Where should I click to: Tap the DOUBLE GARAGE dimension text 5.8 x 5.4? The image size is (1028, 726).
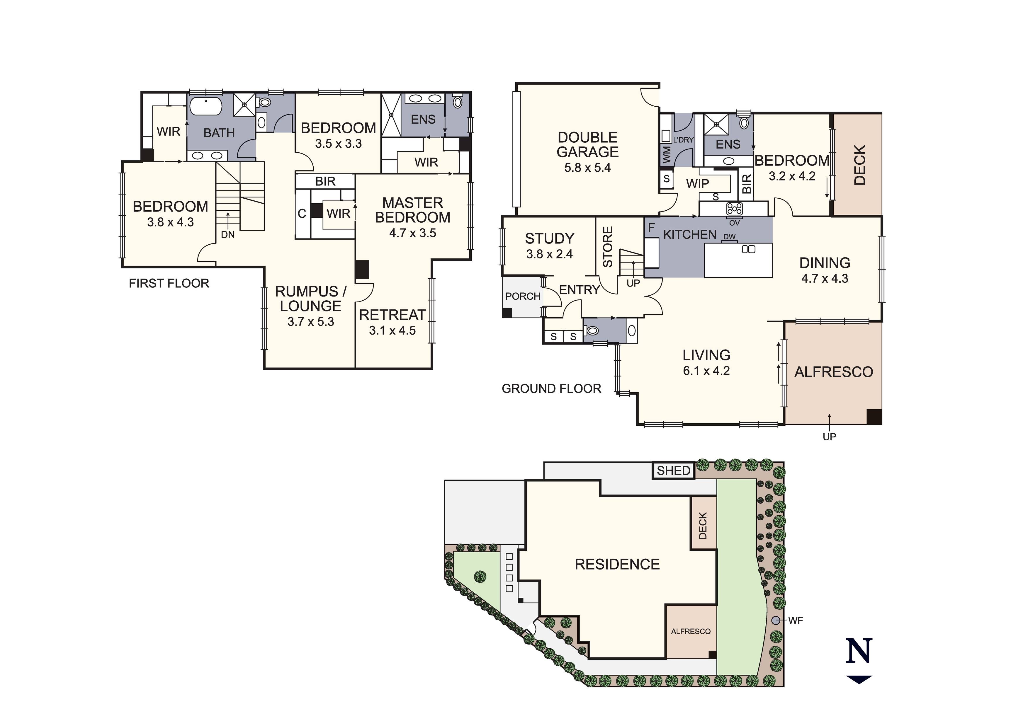tap(587, 168)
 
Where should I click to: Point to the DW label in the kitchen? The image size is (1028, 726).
tap(729, 237)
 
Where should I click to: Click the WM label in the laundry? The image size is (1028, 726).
tap(667, 154)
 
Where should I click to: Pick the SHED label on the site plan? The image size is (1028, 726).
tap(673, 471)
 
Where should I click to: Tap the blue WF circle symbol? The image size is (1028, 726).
tap(776, 620)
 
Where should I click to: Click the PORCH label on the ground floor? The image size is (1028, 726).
tap(523, 296)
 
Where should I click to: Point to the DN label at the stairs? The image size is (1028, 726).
tap(227, 235)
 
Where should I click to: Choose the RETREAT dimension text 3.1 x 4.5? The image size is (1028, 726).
tap(392, 331)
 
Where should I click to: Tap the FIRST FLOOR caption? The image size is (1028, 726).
tap(169, 283)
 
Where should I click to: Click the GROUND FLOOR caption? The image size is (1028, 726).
tap(551, 388)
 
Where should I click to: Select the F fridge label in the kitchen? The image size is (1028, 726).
tap(651, 228)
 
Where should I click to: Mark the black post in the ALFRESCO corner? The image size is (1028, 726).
tap(874, 417)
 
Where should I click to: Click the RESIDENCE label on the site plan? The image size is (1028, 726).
tap(617, 564)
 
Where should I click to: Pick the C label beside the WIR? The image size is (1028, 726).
tap(302, 214)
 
